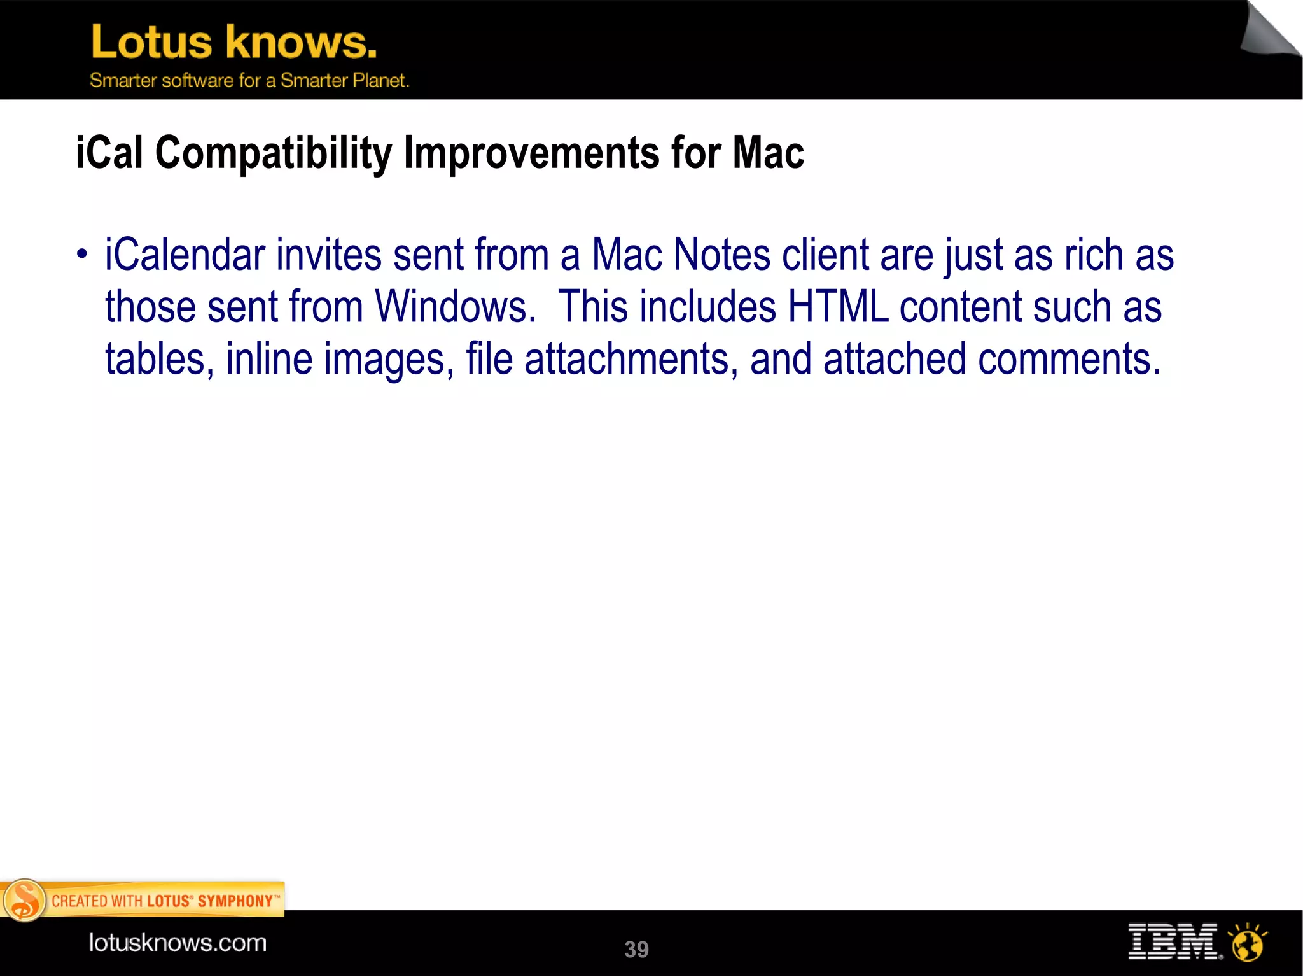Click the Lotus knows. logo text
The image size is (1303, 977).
(x=233, y=42)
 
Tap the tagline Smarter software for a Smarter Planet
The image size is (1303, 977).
(x=249, y=81)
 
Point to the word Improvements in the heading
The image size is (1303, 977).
(x=531, y=153)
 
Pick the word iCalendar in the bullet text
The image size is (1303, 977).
(x=185, y=255)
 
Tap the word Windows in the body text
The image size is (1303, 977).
(x=454, y=307)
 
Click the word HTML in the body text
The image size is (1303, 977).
(x=837, y=307)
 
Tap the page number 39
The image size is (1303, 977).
(x=636, y=949)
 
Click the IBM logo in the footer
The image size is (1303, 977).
(x=1174, y=942)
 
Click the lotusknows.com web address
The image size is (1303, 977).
(x=178, y=943)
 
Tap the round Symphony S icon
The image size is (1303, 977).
(x=24, y=901)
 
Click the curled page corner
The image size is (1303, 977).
(x=1270, y=32)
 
